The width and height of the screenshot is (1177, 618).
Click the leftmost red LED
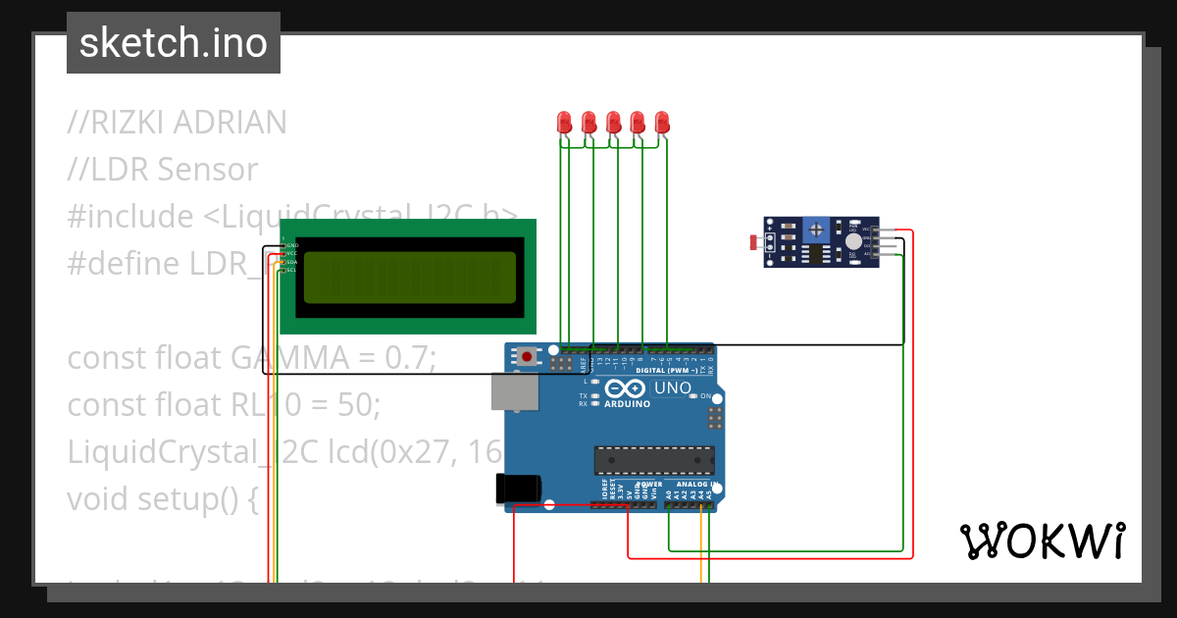tap(564, 122)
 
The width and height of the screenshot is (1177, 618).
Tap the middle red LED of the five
tap(613, 122)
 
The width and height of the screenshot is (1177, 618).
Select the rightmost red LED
tap(662, 122)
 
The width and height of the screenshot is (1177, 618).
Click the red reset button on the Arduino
tap(529, 357)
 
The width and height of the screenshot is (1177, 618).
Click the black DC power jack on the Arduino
tap(517, 489)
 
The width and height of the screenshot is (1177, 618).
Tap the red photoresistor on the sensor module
tap(753, 241)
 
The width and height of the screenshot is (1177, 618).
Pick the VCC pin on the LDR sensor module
tap(867, 231)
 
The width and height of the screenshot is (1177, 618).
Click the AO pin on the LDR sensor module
tap(867, 253)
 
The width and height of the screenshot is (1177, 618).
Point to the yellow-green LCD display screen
tap(409, 278)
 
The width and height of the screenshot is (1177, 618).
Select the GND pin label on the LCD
tap(291, 244)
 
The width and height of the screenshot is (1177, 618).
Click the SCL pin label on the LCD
tap(291, 270)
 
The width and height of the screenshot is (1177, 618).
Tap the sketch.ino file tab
tap(174, 43)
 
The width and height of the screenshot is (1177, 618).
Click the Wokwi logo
tap(1042, 541)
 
